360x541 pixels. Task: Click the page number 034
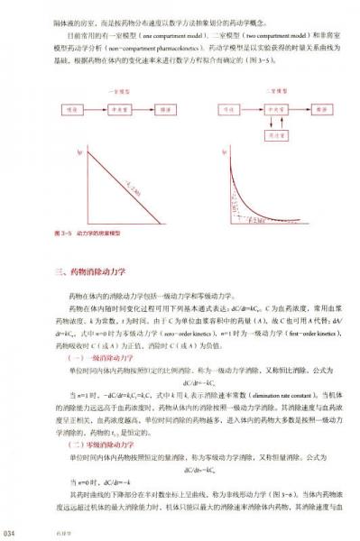tap(10, 533)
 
